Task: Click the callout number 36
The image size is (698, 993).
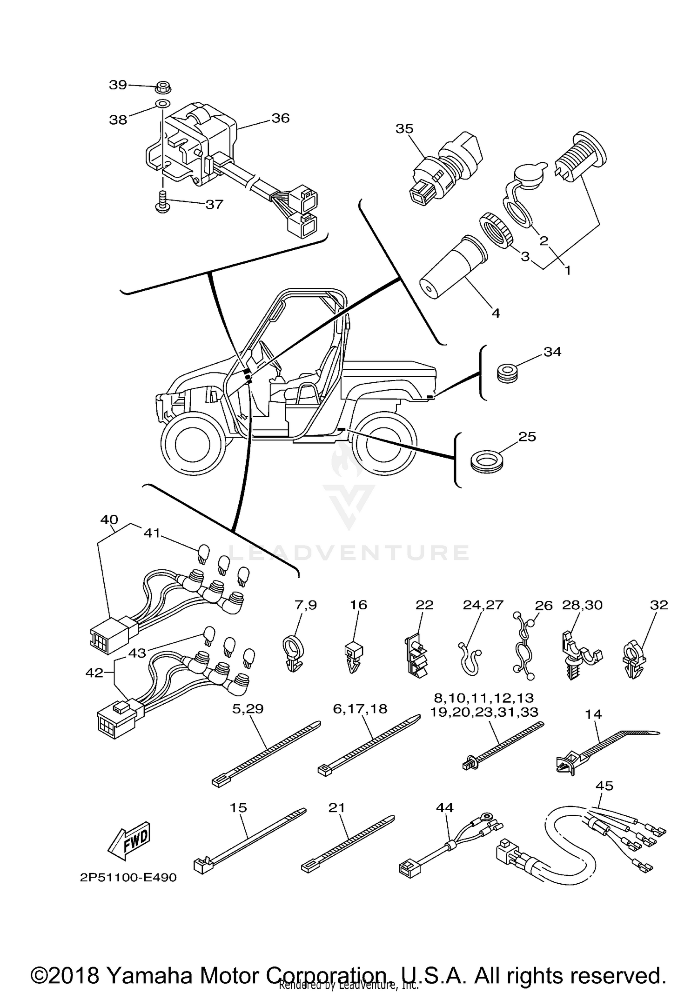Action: click(281, 118)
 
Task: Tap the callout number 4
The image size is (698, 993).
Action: click(496, 313)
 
